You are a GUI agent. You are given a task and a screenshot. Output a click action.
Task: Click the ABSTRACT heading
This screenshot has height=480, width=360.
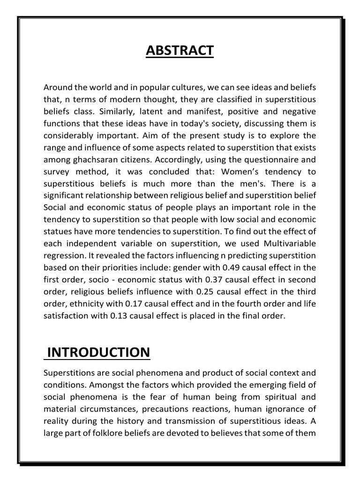[180, 50]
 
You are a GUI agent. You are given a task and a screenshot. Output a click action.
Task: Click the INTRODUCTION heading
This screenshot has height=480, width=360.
[98, 352]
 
